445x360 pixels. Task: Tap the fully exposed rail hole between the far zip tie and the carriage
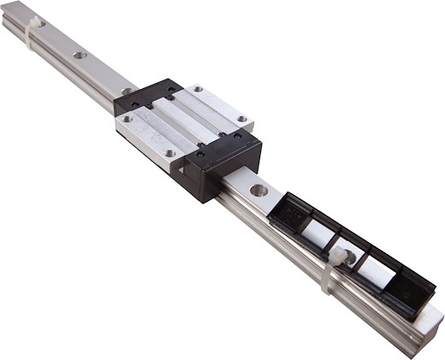(x=80, y=56)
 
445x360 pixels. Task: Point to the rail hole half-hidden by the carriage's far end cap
(x=127, y=91)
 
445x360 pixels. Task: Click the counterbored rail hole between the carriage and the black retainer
(x=258, y=189)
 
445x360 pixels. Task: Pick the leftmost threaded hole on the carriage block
(x=127, y=119)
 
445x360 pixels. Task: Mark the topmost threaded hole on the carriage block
(x=198, y=88)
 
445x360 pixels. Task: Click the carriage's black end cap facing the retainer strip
(x=214, y=167)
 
